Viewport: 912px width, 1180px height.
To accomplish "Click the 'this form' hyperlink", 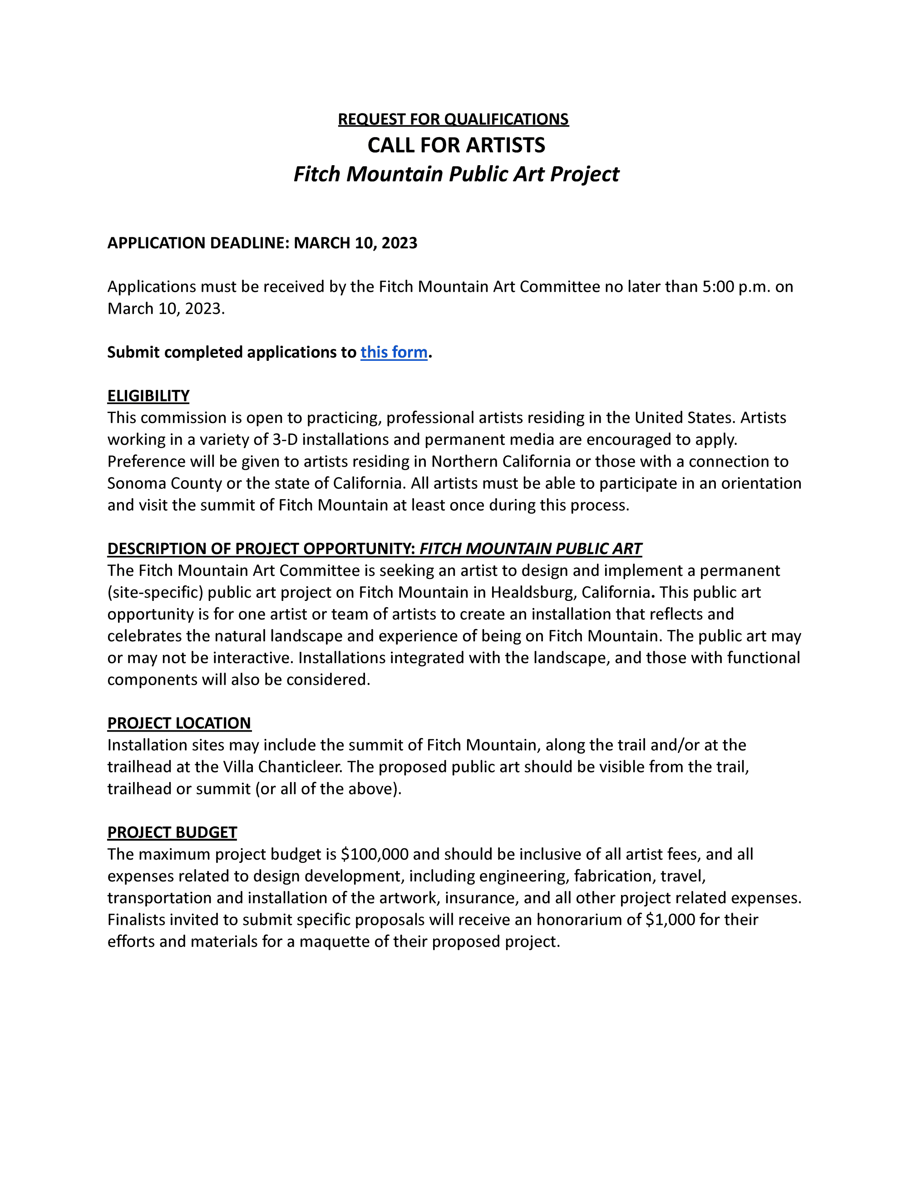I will pos(394,352).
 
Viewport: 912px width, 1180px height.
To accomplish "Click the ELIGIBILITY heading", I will pos(148,396).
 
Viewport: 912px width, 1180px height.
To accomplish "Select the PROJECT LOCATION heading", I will pos(179,723).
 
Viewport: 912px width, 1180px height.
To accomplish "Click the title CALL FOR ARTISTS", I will pos(456,145).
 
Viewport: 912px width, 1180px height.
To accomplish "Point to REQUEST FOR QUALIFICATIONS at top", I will pos(454,119).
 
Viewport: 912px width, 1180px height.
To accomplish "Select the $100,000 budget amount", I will pos(375,854).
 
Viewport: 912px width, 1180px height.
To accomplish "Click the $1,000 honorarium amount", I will pos(670,919).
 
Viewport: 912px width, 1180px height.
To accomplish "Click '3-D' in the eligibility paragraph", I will pos(284,440).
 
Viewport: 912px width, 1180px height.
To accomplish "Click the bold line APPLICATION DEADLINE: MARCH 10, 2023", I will pos(262,243).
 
